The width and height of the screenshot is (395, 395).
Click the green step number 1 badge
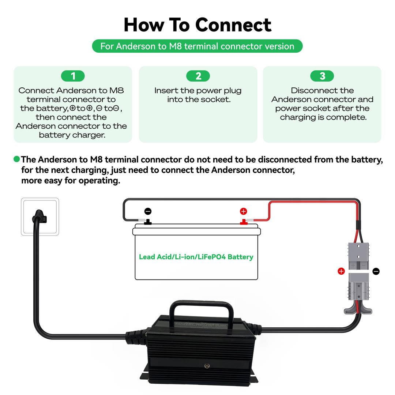[x=73, y=76]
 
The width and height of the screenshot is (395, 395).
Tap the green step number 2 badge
[x=198, y=76]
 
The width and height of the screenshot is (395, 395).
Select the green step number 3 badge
[x=322, y=76]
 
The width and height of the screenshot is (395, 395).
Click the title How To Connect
[x=197, y=25]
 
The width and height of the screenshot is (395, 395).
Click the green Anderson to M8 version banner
[x=197, y=46]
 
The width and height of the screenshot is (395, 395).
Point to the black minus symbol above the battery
[x=148, y=211]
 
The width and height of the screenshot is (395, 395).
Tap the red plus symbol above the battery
[x=243, y=211]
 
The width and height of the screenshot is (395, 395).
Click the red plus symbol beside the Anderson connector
[x=341, y=271]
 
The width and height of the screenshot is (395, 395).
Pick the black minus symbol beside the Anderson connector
[x=376, y=271]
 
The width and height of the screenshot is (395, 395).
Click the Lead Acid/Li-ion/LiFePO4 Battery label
[x=196, y=257]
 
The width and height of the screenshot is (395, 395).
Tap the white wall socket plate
[x=40, y=217]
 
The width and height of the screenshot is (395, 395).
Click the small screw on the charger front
[x=207, y=366]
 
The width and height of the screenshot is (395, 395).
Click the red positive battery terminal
[x=243, y=222]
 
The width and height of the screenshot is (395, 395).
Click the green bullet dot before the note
[x=17, y=159]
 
